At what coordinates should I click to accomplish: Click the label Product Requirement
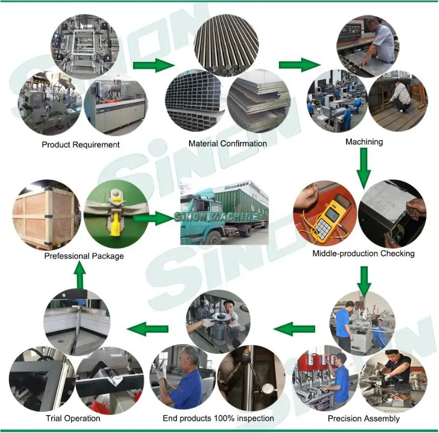[x=81, y=144]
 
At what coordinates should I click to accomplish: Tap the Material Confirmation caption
[x=227, y=144]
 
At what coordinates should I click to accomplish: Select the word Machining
[x=364, y=142]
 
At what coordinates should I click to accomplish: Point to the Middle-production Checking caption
[x=363, y=254]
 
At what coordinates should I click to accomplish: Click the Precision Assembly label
[x=363, y=419]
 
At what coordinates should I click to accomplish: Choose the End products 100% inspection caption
[x=218, y=418]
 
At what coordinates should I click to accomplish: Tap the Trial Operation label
[x=73, y=419]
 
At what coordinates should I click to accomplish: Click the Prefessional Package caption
[x=84, y=256]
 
